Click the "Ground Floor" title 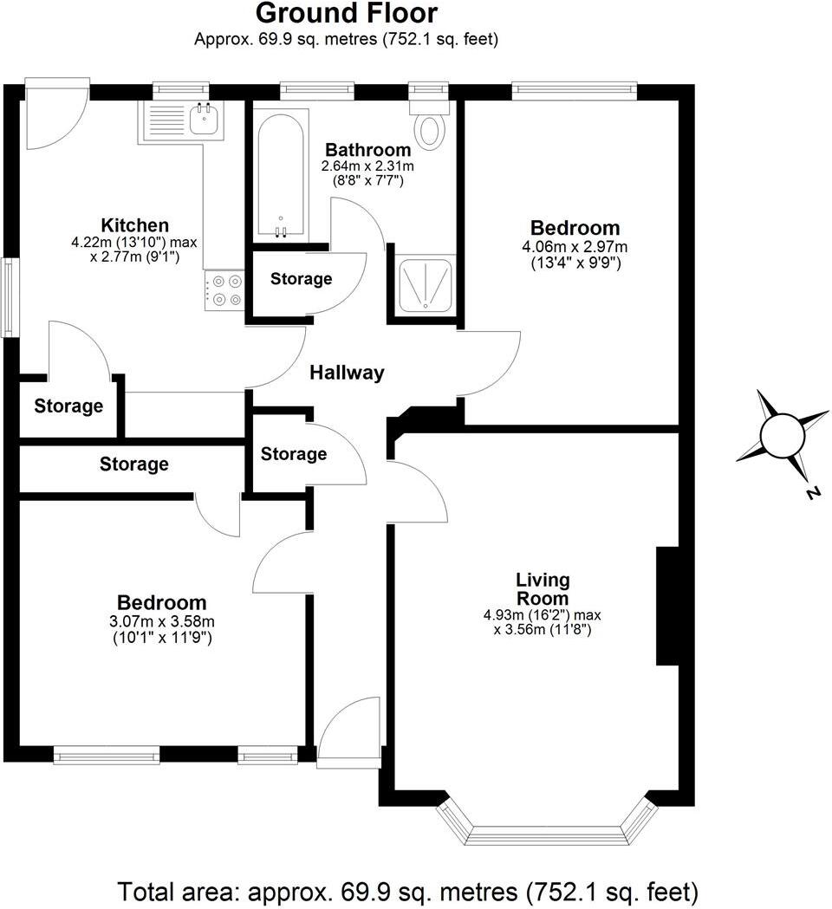coord(347,14)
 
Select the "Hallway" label coord(347,373)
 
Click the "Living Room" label coord(543,589)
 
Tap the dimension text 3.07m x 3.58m coord(162,621)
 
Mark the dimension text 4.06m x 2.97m coord(575,247)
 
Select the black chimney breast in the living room coord(666,607)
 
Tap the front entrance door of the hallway coord(350,732)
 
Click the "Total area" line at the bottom coord(407,891)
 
